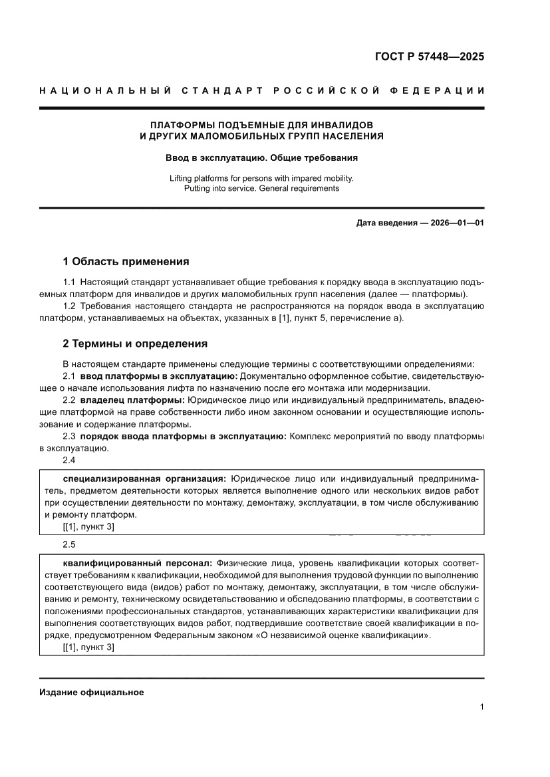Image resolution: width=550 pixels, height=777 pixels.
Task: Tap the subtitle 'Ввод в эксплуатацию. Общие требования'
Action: point(261,158)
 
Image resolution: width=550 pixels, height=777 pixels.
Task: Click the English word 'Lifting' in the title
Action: point(183,178)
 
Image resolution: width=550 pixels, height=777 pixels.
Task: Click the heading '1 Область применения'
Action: point(126,261)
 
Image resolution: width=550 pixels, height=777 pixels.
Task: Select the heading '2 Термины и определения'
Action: point(134,344)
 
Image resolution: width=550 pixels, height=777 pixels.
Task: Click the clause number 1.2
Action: point(69,306)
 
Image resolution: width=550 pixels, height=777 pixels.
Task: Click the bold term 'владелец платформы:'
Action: point(132,401)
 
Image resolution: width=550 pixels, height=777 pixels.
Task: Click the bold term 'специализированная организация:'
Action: point(144,479)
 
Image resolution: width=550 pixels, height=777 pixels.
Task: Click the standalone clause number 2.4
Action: point(69,460)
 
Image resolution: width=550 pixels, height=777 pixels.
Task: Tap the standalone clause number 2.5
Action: point(69,544)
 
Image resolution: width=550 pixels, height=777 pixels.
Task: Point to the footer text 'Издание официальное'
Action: point(92,692)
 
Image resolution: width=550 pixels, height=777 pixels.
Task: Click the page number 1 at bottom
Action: point(481,707)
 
